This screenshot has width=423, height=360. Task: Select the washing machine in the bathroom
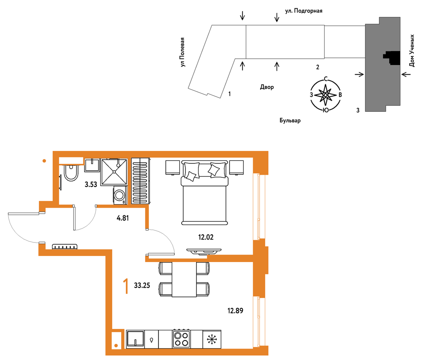click(x=120, y=195)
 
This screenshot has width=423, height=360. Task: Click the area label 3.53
click(x=91, y=185)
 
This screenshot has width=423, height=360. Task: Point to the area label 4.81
click(x=123, y=218)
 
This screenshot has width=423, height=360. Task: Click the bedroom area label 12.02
click(x=206, y=237)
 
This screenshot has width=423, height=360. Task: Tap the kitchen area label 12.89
click(x=235, y=311)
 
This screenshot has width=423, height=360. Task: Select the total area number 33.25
click(x=142, y=285)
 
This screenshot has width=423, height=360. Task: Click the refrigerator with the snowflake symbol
click(x=212, y=339)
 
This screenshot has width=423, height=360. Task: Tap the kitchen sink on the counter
click(x=135, y=339)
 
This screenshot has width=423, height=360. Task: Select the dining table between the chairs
click(x=184, y=279)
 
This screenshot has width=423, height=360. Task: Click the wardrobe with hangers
click(x=141, y=181)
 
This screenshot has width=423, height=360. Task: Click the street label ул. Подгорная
click(x=304, y=11)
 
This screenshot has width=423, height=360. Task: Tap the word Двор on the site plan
click(x=267, y=87)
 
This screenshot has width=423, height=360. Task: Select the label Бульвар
click(x=290, y=120)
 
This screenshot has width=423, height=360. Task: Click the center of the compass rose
click(x=326, y=95)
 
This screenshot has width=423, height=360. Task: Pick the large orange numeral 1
click(x=126, y=286)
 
